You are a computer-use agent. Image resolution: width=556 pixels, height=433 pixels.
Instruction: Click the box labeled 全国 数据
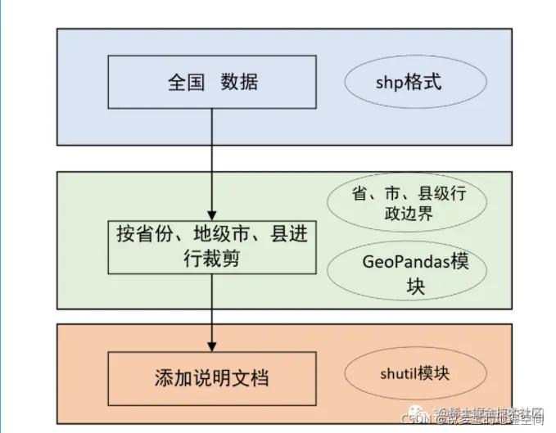(212, 82)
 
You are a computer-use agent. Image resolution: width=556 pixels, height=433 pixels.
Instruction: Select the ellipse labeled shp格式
(415, 83)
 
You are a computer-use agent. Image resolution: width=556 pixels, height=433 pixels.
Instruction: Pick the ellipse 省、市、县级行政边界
(407, 204)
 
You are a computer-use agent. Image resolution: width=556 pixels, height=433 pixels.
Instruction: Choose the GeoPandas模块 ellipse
(407, 273)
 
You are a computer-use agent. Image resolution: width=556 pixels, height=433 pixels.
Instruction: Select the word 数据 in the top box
(239, 83)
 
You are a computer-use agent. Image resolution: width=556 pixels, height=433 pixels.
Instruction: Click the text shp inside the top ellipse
(390, 83)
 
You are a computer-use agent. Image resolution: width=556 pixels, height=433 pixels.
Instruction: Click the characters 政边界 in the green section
(407, 214)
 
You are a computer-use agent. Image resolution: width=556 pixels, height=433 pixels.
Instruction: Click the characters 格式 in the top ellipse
(427, 83)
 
